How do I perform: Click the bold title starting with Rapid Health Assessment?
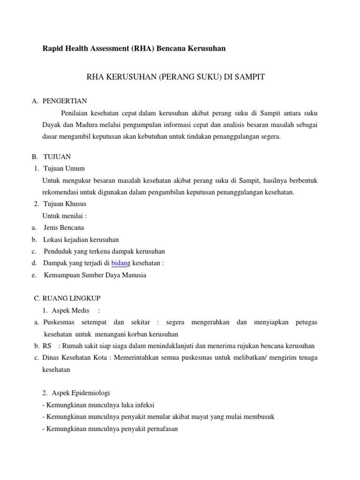pyautogui.click(x=134, y=48)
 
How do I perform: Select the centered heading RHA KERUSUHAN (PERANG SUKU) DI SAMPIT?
pyautogui.click(x=176, y=77)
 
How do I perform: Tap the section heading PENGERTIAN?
pyautogui.click(x=65, y=101)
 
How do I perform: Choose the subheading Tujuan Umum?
pyautogui.click(x=64, y=168)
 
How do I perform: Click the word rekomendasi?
pyautogui.click(x=61, y=192)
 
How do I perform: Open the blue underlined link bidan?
pyautogui.click(x=119, y=263)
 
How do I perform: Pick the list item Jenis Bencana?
pyautogui.click(x=64, y=227)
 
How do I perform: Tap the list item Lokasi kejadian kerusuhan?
pyautogui.click(x=81, y=240)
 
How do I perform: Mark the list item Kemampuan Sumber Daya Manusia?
pyautogui.click(x=95, y=275)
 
